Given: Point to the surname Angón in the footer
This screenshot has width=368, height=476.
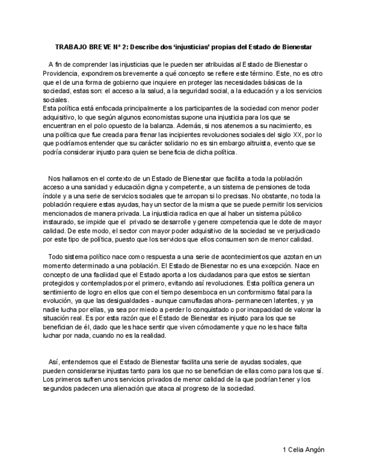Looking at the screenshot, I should (x=314, y=450).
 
